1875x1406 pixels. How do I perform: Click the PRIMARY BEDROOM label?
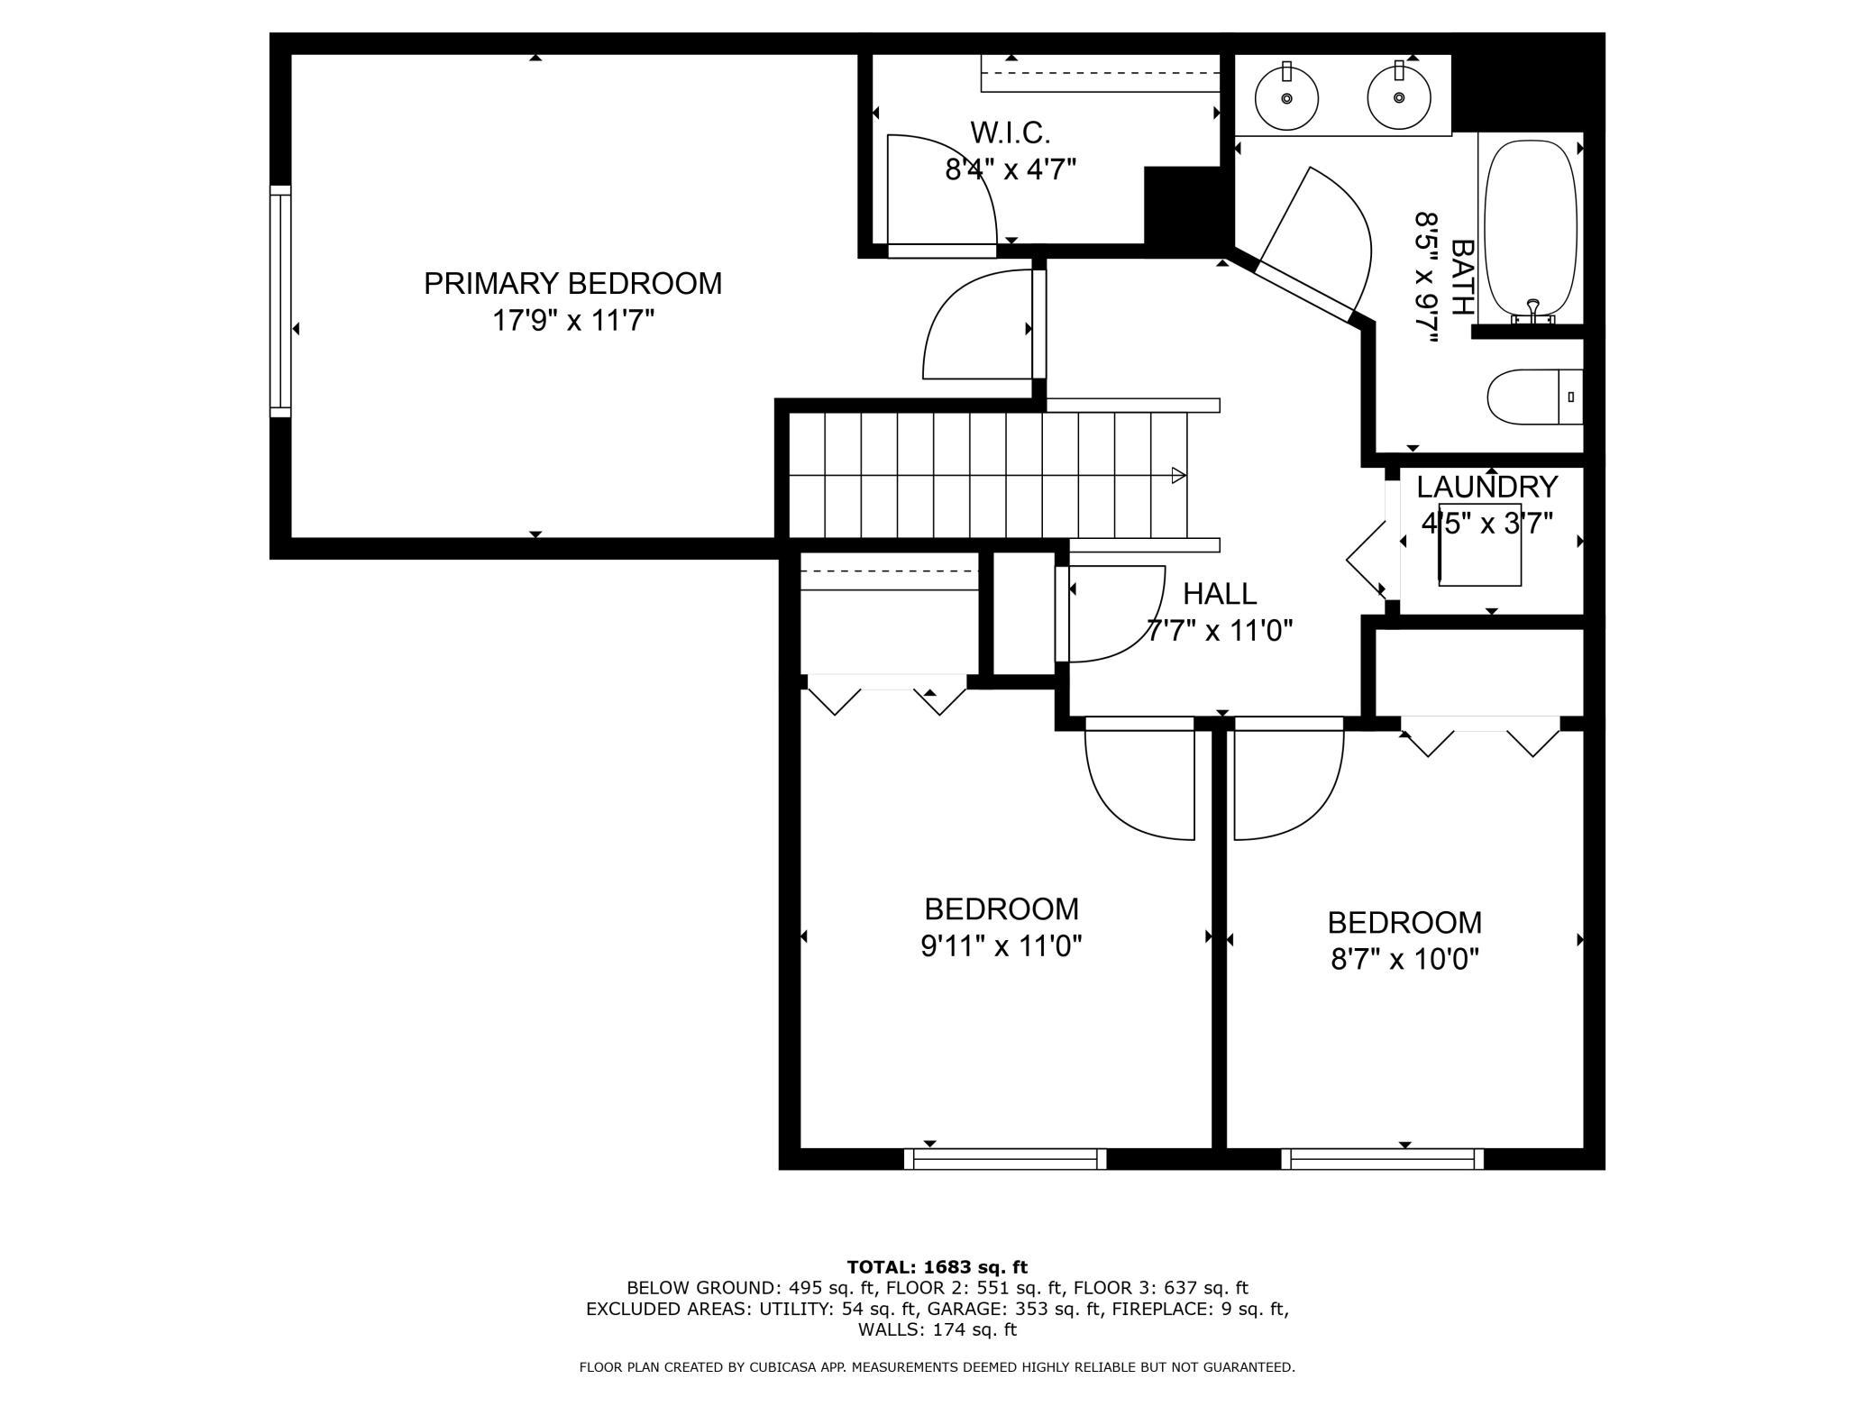(x=572, y=283)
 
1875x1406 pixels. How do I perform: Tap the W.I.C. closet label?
(x=1011, y=133)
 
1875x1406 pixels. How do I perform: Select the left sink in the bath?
(x=1286, y=96)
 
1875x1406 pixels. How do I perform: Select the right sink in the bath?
(x=1399, y=96)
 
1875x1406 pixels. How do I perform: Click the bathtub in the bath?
(x=1531, y=230)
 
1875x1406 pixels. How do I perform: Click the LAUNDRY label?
(x=1487, y=487)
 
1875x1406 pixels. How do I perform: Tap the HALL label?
(x=1220, y=593)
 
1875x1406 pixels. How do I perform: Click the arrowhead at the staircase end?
(x=1178, y=475)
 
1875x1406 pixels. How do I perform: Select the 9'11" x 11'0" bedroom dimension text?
(x=1002, y=945)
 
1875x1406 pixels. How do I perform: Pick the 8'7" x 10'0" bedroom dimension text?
(x=1405, y=959)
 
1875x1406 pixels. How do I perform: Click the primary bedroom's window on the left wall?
(x=281, y=301)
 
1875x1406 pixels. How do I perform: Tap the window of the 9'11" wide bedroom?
(x=1005, y=1159)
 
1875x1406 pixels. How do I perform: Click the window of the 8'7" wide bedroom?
(x=1382, y=1159)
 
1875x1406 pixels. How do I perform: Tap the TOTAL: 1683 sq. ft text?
(x=937, y=1267)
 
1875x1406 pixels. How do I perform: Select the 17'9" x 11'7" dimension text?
(x=572, y=320)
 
